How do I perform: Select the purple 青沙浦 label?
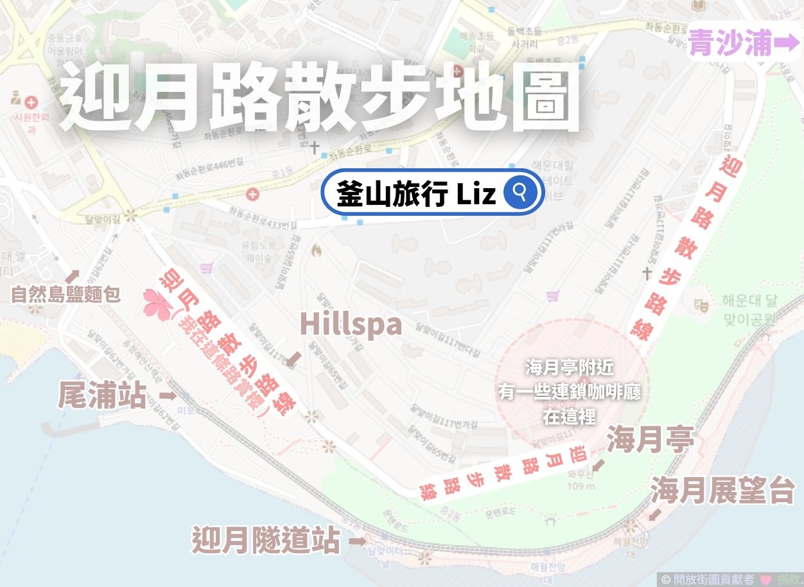tap(730, 44)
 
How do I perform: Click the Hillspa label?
tap(351, 324)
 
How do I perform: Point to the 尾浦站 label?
tap(102, 395)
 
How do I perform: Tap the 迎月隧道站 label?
tap(267, 539)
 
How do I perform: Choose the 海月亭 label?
tap(650, 441)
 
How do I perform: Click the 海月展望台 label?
tap(723, 491)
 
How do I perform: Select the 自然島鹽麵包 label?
tap(66, 295)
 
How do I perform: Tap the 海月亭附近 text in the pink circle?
tap(570, 368)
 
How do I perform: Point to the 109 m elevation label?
tap(581, 486)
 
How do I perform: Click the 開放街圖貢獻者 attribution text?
tap(713, 579)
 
